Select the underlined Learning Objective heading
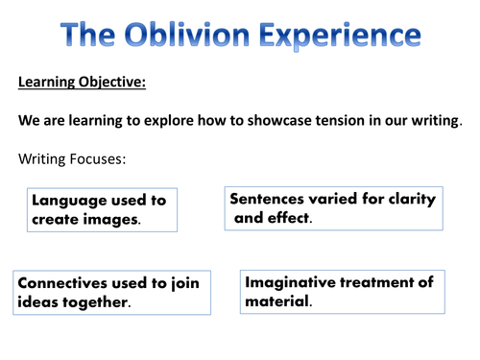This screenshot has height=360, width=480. pyautogui.click(x=82, y=83)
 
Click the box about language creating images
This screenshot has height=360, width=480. pyautogui.click(x=100, y=209)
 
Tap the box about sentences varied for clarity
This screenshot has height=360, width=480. pyautogui.click(x=333, y=207)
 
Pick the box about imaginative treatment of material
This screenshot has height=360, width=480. pyautogui.click(x=342, y=291)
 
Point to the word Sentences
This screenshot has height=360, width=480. pyautogui.click(x=271, y=199)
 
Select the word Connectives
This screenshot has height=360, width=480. pyautogui.click(x=64, y=283)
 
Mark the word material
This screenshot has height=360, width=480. pyautogui.click(x=277, y=301)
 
